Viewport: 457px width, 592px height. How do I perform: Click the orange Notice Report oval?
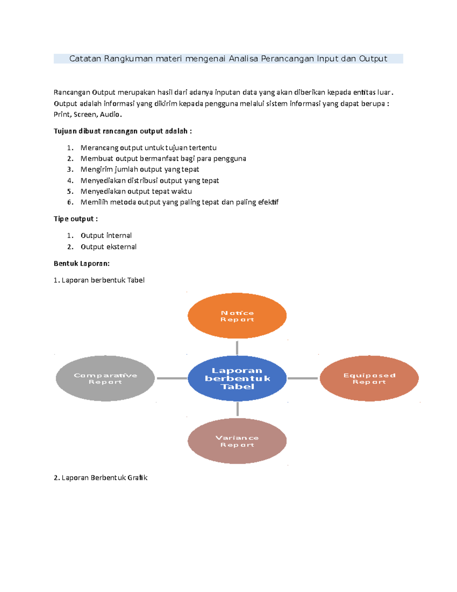coord(237,316)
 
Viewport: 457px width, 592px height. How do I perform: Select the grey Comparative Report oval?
coord(105,378)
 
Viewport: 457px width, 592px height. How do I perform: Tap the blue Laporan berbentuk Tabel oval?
coord(237,378)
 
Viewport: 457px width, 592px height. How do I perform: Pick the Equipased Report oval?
coord(369,378)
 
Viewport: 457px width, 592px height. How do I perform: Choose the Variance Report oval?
coord(237,441)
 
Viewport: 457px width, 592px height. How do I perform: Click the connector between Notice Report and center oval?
coord(237,348)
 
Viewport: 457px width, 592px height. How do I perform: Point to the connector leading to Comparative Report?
coord(172,378)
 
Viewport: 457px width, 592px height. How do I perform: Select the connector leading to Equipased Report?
coord(302,378)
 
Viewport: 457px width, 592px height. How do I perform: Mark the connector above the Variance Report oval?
coord(237,409)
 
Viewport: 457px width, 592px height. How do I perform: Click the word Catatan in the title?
coord(85,59)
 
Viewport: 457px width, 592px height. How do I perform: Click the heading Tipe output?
coord(75,219)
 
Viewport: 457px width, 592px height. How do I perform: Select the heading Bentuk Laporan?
coord(81,263)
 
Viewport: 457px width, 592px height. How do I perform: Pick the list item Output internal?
coord(106,236)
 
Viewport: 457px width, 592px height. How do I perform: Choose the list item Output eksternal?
coord(109,247)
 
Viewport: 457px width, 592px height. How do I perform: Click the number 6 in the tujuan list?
coord(70,202)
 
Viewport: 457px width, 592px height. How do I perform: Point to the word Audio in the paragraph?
coord(110,114)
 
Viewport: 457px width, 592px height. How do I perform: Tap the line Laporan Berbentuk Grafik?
coord(101,478)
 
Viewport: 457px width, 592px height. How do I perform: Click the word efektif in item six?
coord(268,202)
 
